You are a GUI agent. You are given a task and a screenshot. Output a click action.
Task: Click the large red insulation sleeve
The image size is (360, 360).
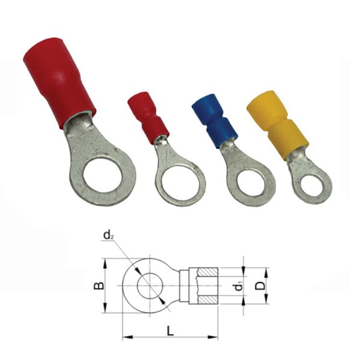[x=59, y=83]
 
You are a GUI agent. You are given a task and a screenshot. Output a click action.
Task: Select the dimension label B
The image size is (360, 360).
[x=98, y=286]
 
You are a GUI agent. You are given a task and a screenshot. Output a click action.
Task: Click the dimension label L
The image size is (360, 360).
[x=170, y=331]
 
